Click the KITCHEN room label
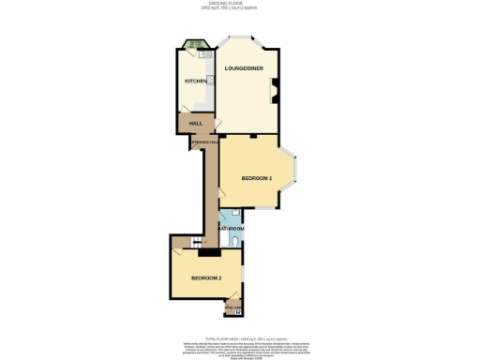point(195,82)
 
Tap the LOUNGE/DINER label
point(243,69)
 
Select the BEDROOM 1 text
point(256,178)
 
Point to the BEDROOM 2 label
point(205,278)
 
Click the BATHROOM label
point(232,229)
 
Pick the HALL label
point(196,124)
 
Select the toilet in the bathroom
point(235,242)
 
